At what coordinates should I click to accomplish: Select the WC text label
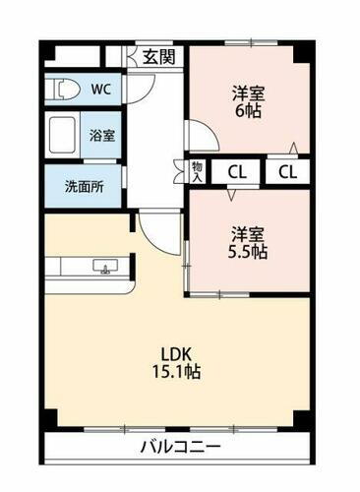coord(100,88)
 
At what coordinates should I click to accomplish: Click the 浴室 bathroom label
coord(101,135)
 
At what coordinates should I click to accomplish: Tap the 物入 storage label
coord(197,172)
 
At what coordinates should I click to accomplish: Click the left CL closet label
coord(238,173)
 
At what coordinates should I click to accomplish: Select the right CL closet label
coord(286,173)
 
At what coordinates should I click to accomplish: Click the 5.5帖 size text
coord(248,252)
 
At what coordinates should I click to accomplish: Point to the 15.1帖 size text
coord(177,375)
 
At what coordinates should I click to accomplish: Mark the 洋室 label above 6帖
coord(249,94)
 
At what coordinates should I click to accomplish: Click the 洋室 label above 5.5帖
coord(248,233)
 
